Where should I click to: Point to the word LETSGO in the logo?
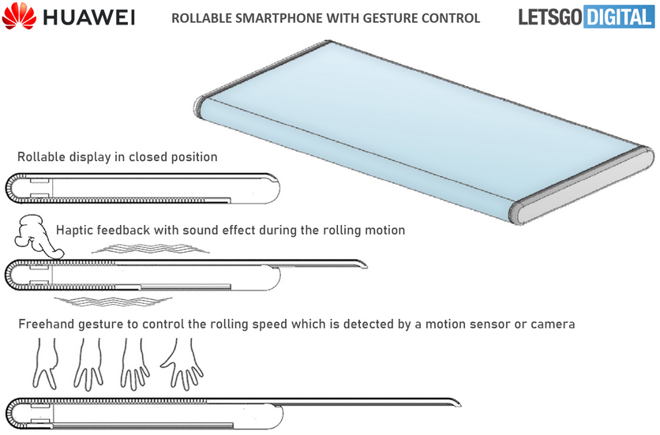click(549, 17)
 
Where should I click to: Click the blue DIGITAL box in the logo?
click(621, 17)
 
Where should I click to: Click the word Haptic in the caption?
click(76, 231)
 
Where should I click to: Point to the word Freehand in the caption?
click(47, 324)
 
